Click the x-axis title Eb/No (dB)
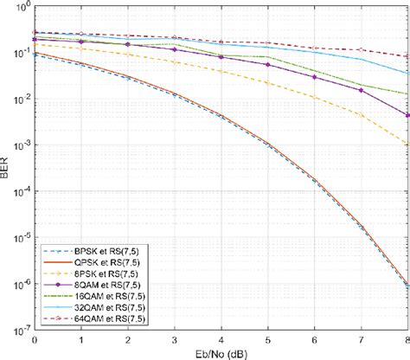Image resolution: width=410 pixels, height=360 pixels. pos(221,353)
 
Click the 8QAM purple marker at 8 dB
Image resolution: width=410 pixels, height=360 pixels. pos(407,114)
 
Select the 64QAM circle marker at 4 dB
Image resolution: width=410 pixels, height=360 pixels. pos(221,42)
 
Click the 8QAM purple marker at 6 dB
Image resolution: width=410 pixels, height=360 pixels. pos(314,77)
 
